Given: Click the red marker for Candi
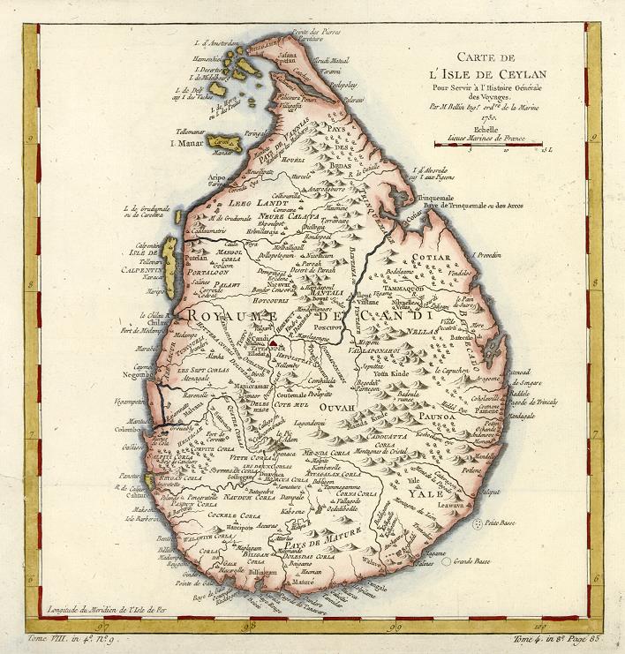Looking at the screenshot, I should coord(275,337).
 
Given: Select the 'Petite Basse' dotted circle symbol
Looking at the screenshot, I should coord(478,524).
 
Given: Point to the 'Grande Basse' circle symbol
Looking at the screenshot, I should coord(448,560).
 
